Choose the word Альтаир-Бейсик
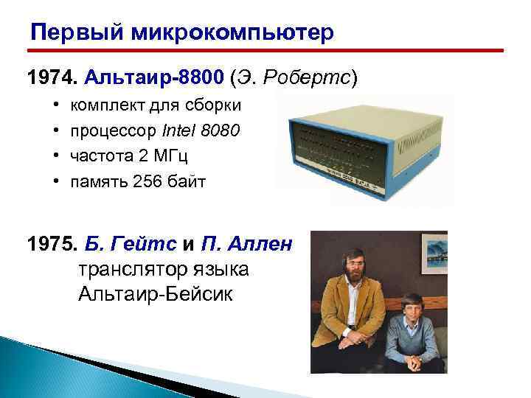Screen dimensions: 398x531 pos(155,294)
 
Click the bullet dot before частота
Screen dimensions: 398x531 pos(57,156)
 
